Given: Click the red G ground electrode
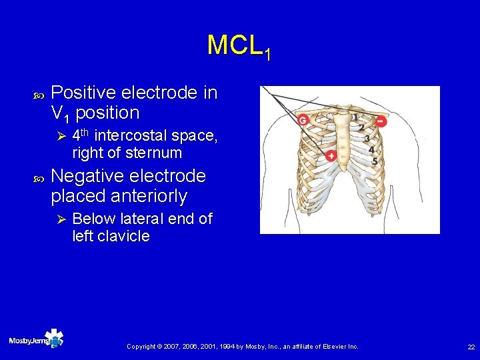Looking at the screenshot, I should point(303,120).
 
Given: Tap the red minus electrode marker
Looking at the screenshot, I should point(381,121).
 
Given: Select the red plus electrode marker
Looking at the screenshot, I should point(331,156).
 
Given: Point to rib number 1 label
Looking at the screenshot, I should point(357,117).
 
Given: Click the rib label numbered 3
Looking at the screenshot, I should point(367,139).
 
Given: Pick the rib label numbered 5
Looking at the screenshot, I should point(375,161).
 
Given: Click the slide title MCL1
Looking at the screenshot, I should point(239,46).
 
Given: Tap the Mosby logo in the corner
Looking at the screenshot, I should point(36,340).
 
